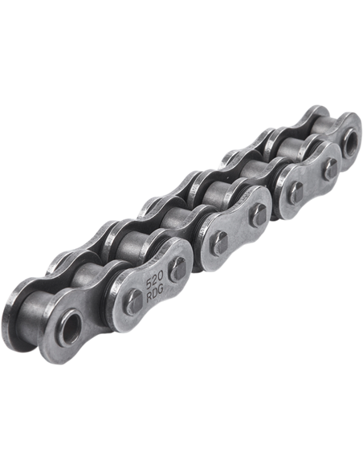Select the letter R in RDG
click(150, 297)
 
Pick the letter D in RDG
click(156, 294)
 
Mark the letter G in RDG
click(161, 291)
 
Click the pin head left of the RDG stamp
click(133, 302)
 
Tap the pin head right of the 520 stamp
click(177, 270)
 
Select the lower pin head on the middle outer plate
click(219, 243)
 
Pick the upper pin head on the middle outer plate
click(259, 214)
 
